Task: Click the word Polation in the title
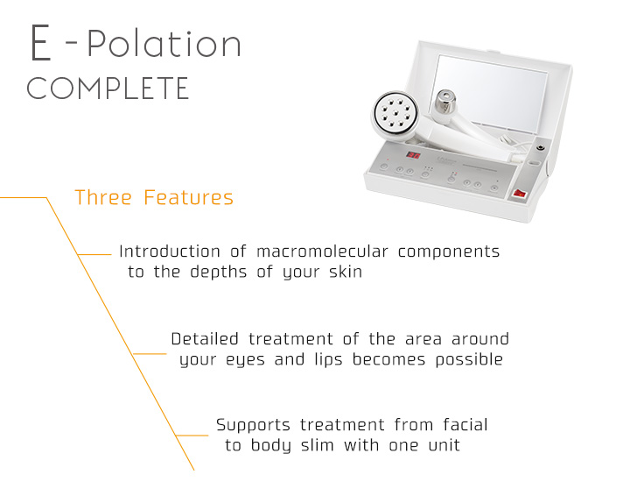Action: coord(164,44)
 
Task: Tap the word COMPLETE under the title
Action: coord(108,89)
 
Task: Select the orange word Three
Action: coord(103,197)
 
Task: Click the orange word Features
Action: coord(188,197)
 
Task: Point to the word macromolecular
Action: coord(322,252)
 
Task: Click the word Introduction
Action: coord(170,252)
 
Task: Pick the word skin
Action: coord(346,272)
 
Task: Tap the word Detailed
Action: coord(205,339)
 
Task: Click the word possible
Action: coord(469,359)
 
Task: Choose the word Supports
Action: coord(253,425)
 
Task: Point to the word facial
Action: coord(465,425)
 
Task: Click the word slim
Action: coord(318,445)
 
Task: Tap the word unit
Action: coord(444,445)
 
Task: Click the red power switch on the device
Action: coord(519,194)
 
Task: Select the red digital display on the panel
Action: coord(413,155)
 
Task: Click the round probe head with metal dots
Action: coord(395,114)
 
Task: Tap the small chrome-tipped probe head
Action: coord(445,102)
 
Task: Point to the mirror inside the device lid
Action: coord(490,93)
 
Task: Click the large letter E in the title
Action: coord(40,43)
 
